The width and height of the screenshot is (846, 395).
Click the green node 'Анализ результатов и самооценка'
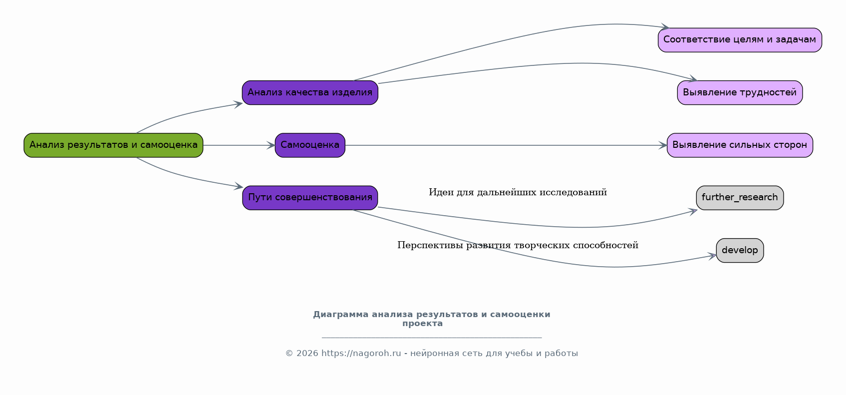pos(113,145)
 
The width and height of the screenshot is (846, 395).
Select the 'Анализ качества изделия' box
pos(310,92)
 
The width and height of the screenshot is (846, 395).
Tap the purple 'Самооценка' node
pos(310,145)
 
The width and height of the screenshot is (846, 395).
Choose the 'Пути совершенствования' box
pos(310,198)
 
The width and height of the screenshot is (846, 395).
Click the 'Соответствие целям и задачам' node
pos(740,40)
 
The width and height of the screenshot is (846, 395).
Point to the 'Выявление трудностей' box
pos(740,92)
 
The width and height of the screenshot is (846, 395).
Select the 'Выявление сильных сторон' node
pos(740,145)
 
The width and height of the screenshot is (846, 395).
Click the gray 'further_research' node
pos(740,198)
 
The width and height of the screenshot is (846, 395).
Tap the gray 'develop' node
pos(740,250)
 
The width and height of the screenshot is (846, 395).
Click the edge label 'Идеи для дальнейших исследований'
pos(518,192)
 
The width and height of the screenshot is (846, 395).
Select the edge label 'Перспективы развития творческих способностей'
pos(518,245)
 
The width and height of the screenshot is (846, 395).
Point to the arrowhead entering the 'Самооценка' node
pos(271,145)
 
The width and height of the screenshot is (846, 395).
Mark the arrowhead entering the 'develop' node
pos(712,256)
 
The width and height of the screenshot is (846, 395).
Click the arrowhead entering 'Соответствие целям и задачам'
pos(665,27)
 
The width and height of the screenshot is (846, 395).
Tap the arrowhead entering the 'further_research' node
pos(693,212)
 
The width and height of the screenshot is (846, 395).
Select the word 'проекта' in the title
pos(422,324)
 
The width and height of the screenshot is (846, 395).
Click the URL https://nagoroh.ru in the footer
pos(361,354)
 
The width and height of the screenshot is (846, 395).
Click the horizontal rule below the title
pos(432,338)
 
